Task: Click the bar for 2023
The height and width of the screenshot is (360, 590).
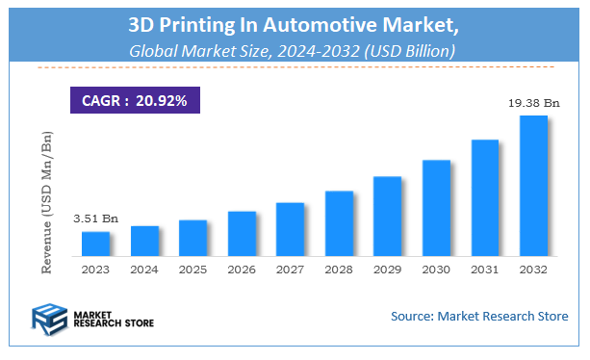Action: click(x=95, y=244)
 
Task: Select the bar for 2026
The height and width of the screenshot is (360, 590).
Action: click(x=242, y=234)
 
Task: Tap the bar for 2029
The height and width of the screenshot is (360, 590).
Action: click(x=388, y=217)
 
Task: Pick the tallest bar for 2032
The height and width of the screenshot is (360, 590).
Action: click(x=533, y=186)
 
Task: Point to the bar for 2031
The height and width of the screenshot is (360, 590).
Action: click(x=485, y=198)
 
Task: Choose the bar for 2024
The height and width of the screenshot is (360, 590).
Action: click(x=144, y=241)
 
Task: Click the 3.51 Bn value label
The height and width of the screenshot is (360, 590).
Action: click(x=94, y=219)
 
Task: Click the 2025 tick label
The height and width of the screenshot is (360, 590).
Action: click(x=192, y=270)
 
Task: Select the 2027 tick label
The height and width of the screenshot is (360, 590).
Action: click(x=290, y=270)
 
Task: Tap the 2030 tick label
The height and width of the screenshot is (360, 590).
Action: click(x=436, y=270)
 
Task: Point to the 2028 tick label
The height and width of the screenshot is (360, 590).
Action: click(x=339, y=270)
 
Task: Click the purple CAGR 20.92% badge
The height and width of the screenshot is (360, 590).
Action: click(x=135, y=99)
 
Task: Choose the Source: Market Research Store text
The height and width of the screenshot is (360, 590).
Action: click(x=478, y=316)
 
